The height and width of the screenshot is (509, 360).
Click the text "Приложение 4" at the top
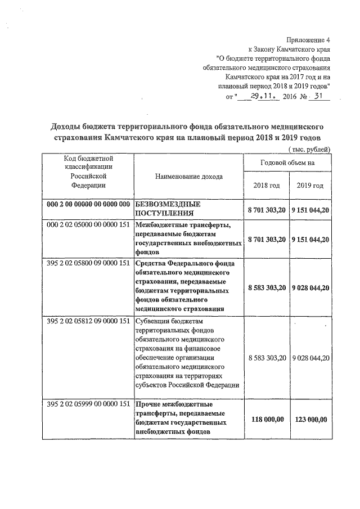[308, 40]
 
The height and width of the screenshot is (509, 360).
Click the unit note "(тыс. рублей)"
[309, 149]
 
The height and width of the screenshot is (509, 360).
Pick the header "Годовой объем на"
[287, 163]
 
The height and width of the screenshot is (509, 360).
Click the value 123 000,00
[309, 418]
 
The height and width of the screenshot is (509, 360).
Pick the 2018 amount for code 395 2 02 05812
[267, 357]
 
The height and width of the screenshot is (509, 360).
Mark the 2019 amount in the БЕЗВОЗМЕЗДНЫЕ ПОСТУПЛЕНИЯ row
[310, 209]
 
